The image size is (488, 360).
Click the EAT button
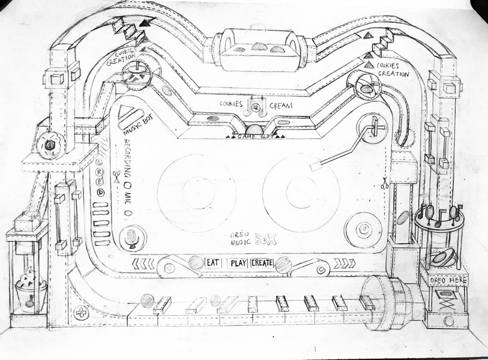211,262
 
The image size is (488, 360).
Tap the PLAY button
238,262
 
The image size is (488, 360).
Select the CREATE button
262,262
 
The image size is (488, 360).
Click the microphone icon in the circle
131,238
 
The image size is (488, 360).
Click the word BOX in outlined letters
265,240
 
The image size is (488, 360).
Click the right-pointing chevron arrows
345,262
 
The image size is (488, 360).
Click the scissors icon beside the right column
382,183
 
